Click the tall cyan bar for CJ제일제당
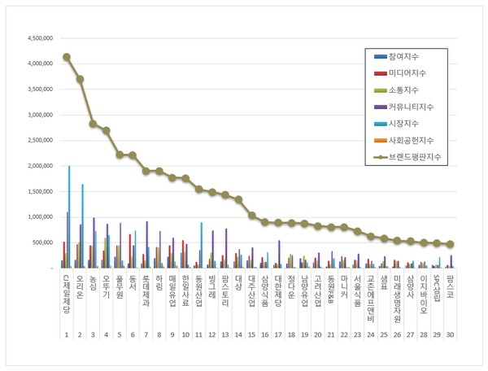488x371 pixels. pyautogui.click(x=69, y=216)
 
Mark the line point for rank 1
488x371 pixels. pyautogui.click(x=67, y=57)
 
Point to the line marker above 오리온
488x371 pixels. pyautogui.click(x=80, y=79)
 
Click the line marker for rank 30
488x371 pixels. pyautogui.click(x=450, y=244)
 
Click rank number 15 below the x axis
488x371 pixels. pyautogui.click(x=252, y=334)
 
